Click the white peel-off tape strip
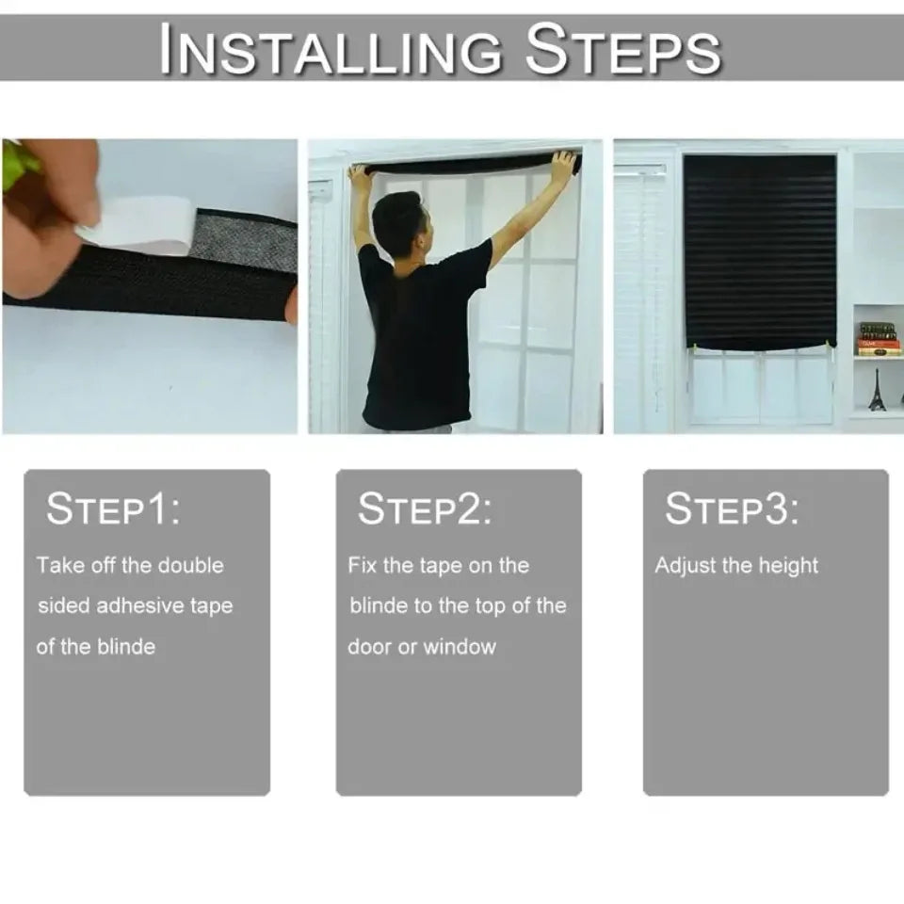141,224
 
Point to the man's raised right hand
562,166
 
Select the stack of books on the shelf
878,339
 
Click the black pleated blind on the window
759,250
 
